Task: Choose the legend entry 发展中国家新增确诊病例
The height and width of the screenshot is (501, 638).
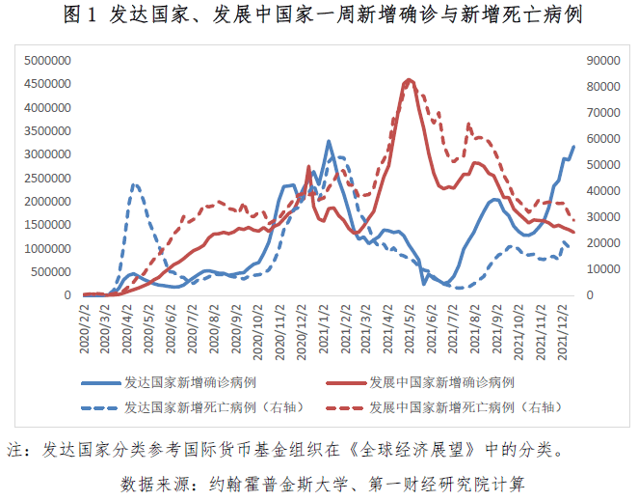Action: click(x=441, y=383)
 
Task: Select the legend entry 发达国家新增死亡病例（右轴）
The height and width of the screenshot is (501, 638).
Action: click(x=206, y=407)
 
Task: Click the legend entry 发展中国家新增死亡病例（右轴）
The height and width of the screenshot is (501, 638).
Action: click(x=463, y=407)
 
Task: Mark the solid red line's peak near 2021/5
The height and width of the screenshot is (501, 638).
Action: click(x=410, y=80)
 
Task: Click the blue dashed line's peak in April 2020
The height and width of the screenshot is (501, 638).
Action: click(x=135, y=184)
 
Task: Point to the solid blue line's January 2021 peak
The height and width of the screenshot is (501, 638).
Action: click(x=328, y=141)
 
